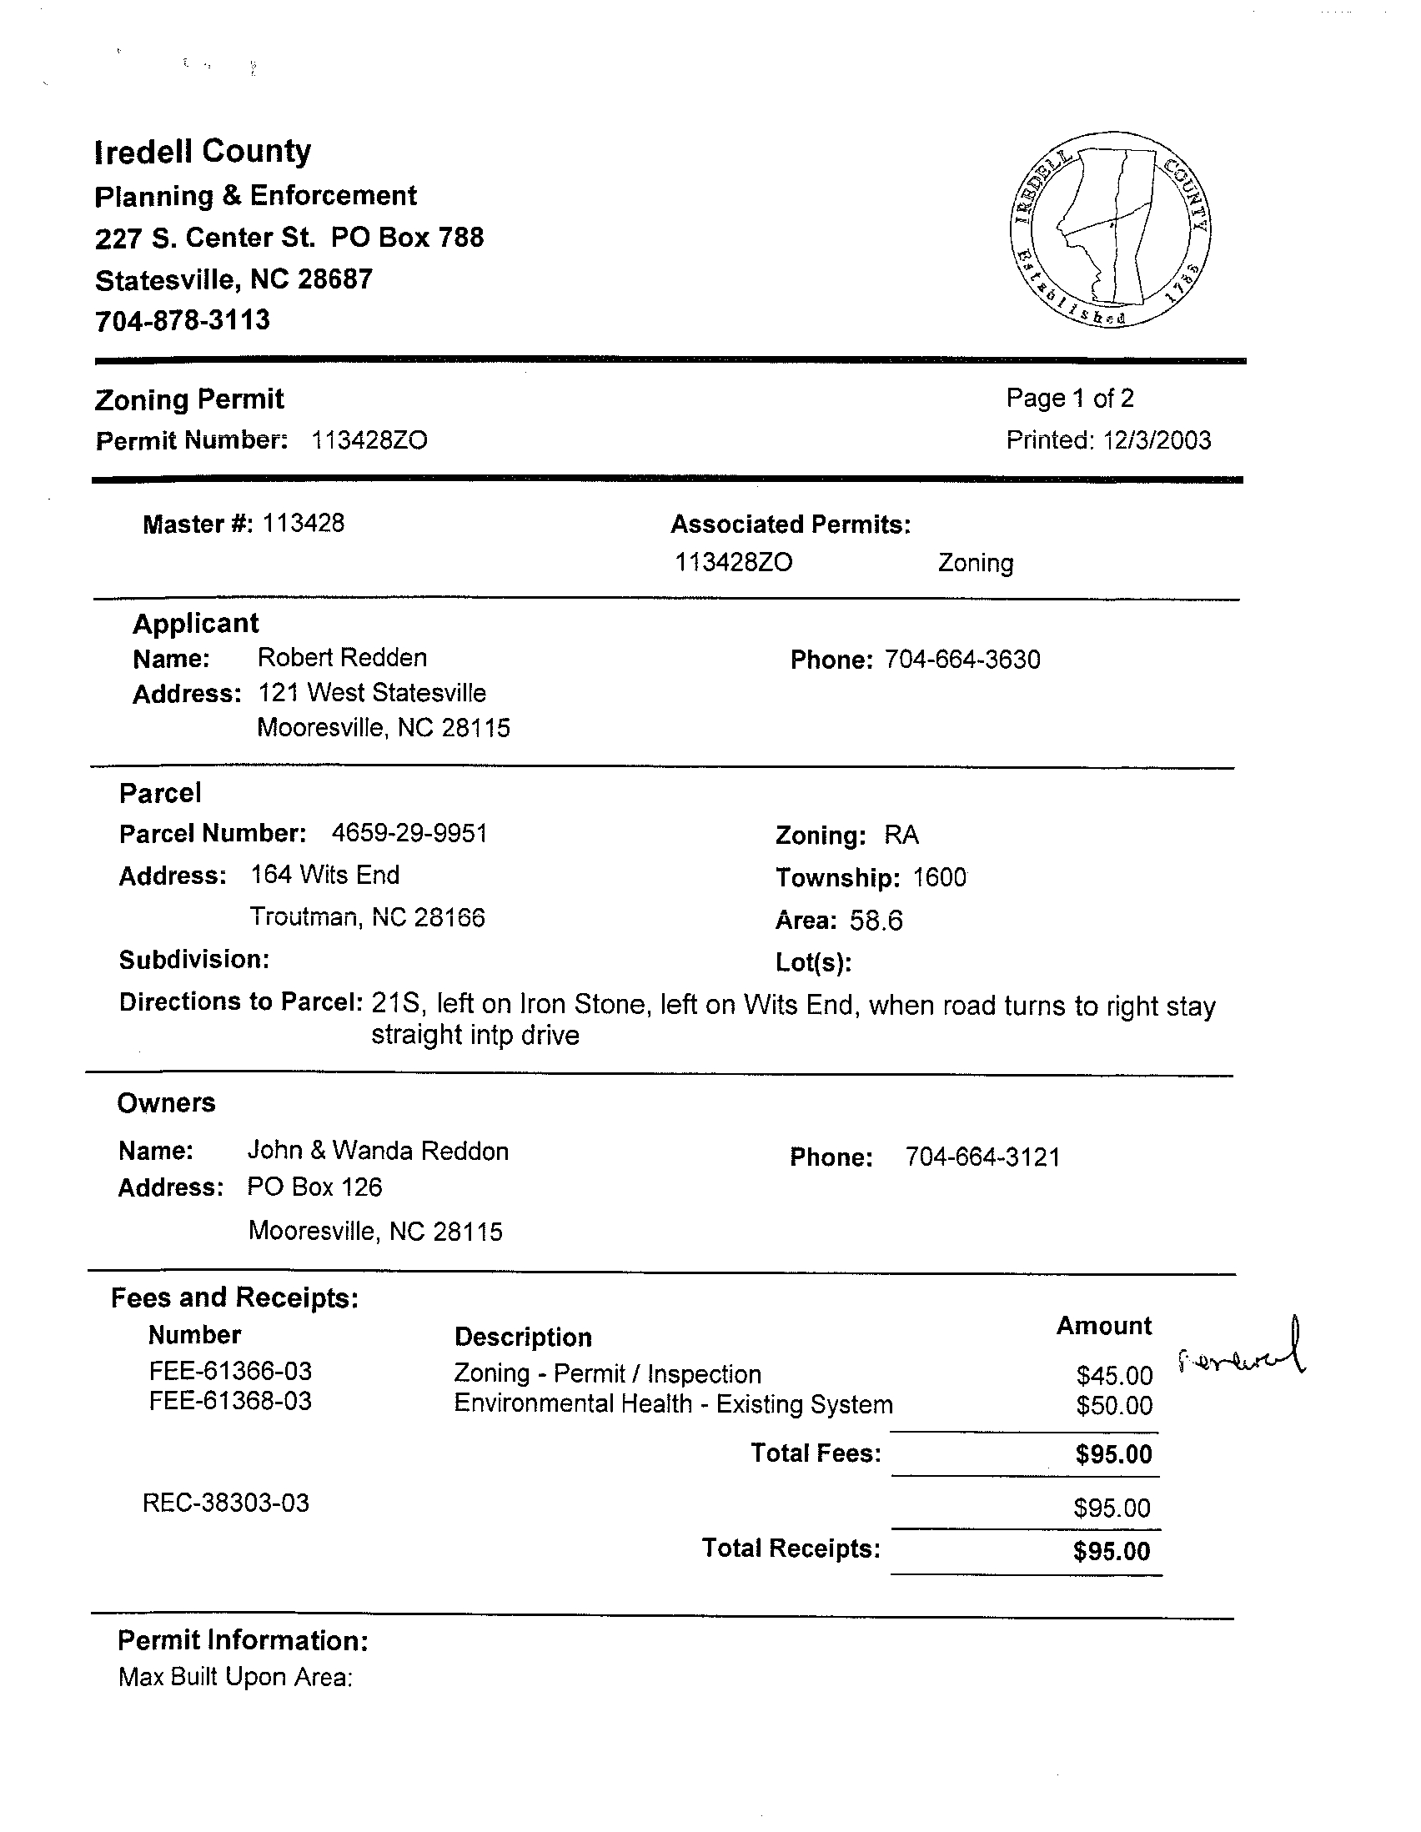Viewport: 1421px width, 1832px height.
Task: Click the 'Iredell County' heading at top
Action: click(x=202, y=152)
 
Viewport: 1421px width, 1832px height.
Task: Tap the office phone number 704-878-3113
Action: click(x=182, y=320)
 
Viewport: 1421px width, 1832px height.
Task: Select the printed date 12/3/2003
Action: click(x=1157, y=440)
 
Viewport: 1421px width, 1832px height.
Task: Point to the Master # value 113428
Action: click(x=303, y=524)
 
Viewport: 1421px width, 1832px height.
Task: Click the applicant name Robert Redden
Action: click(x=341, y=658)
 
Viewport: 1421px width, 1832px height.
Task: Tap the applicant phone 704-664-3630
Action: click(x=962, y=660)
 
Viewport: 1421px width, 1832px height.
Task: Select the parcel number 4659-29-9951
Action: click(x=409, y=834)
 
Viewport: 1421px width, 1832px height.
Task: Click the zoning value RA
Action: click(x=901, y=836)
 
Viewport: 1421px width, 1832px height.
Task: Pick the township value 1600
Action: click(x=939, y=878)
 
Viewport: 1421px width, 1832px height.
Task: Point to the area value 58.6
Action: click(x=876, y=921)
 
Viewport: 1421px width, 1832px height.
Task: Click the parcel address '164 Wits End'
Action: click(x=324, y=875)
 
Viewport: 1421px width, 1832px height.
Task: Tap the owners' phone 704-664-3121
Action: click(x=982, y=1157)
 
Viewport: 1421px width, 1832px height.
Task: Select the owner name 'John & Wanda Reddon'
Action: click(x=378, y=1151)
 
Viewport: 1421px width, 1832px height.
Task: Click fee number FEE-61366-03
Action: click(x=230, y=1372)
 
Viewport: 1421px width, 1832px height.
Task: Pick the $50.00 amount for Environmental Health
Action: click(x=1114, y=1405)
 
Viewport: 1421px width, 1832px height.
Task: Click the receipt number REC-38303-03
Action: click(x=226, y=1503)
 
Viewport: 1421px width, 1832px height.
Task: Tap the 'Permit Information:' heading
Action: click(x=243, y=1640)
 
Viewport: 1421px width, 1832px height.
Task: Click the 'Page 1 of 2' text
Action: click(x=1070, y=399)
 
